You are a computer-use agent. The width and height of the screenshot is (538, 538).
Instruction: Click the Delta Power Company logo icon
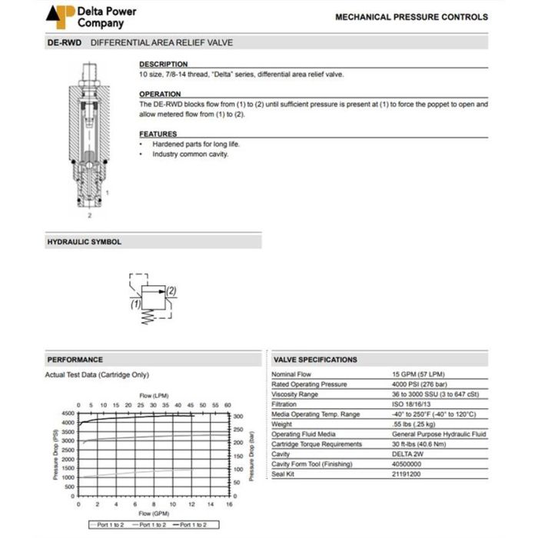coord(61,15)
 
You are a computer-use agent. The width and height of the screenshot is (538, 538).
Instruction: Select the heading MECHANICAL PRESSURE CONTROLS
coord(411,16)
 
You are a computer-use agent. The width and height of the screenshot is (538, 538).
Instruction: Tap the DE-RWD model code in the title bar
coord(65,43)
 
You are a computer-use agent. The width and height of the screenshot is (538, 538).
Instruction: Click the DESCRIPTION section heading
coord(163,65)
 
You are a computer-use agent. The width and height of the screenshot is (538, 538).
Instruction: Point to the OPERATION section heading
coord(160,94)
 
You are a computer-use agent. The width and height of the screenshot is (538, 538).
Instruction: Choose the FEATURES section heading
coord(158,134)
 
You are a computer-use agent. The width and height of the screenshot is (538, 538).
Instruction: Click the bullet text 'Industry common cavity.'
coord(191,154)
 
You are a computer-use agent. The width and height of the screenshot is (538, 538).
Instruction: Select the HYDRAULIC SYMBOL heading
coord(85,242)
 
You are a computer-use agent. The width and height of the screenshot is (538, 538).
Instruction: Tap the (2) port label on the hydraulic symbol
coord(171,291)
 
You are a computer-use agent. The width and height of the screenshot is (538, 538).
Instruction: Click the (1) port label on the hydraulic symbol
coord(135,305)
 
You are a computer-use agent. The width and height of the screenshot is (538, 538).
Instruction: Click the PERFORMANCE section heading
coord(75,360)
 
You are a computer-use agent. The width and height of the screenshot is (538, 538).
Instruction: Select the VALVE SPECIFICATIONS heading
coord(315,360)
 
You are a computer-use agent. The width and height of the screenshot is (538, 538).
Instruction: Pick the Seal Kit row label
coord(284,474)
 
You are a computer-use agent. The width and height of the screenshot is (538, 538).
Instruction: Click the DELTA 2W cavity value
coord(409,454)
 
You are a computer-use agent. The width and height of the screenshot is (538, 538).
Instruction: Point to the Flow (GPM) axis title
coord(153,513)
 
